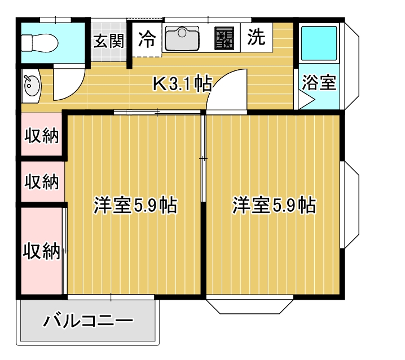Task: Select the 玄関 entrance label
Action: pos(108,41)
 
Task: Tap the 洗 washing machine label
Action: pos(256,38)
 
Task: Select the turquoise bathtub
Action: pos(319,43)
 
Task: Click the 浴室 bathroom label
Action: pos(319,83)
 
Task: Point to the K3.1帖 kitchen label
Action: pos(183,84)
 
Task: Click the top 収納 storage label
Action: pos(42,136)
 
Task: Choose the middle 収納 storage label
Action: pos(42,181)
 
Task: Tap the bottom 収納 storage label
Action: pos(41,251)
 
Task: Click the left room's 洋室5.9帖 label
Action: pos(135,206)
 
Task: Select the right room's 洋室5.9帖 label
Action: pos(274,206)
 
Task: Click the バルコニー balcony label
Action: pos(89,322)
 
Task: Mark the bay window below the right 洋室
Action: pos(249,305)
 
